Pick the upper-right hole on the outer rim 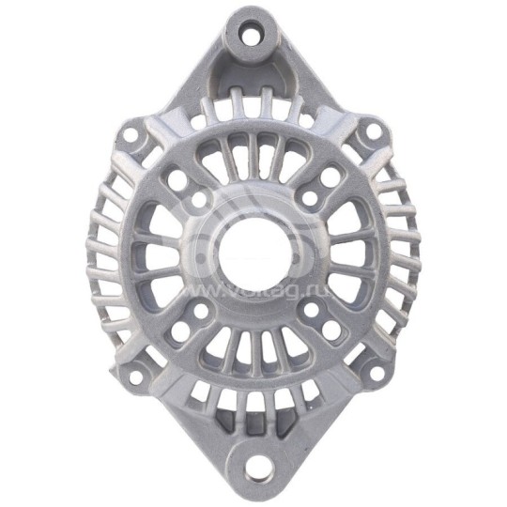pos(373,131)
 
